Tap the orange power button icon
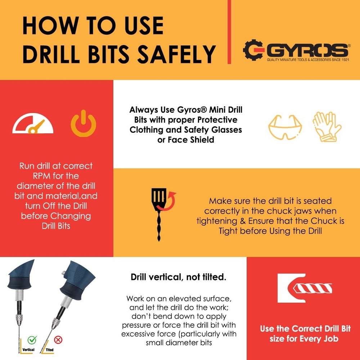(83, 124)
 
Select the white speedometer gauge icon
(33, 125)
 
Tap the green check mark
(32, 339)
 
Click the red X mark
(58, 339)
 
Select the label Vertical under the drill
(28, 350)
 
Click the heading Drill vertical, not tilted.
(178, 277)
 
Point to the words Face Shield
(186, 140)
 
